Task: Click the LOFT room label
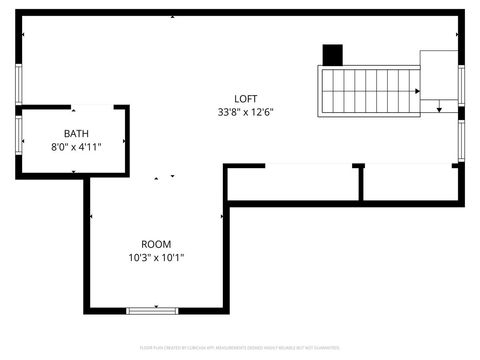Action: pyautogui.click(x=246, y=98)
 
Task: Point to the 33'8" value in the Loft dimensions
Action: pyautogui.click(x=229, y=112)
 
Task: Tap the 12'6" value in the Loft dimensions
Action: pyautogui.click(x=262, y=112)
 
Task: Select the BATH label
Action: pyautogui.click(x=75, y=134)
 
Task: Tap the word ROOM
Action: pyautogui.click(x=155, y=244)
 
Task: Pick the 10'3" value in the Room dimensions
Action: pyautogui.click(x=139, y=258)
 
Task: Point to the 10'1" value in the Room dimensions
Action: pyautogui.click(x=172, y=258)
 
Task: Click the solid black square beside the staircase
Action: pyautogui.click(x=332, y=55)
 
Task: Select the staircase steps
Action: pyautogui.click(x=368, y=90)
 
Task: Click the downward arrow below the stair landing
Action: pyautogui.click(x=438, y=107)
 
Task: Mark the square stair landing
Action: pyautogui.click(x=438, y=73)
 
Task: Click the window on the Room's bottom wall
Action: pyautogui.click(x=153, y=311)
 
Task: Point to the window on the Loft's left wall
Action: pyautogui.click(x=18, y=84)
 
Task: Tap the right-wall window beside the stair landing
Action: pyautogui.click(x=461, y=84)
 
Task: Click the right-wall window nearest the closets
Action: pyautogui.click(x=461, y=140)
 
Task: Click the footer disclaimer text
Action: pyautogui.click(x=240, y=349)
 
